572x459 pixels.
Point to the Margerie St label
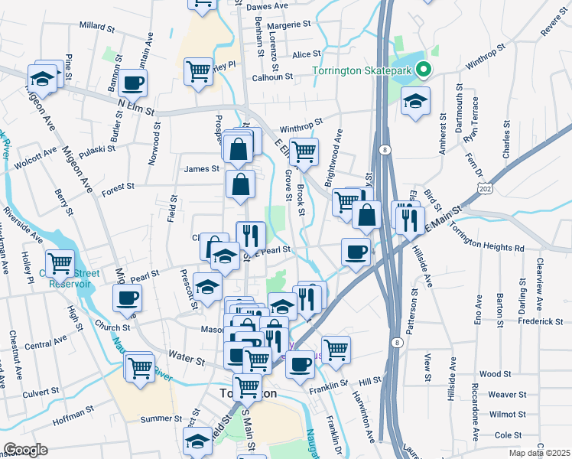point(288,24)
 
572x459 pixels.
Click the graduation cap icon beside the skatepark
point(415,101)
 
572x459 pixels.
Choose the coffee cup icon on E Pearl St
point(355,252)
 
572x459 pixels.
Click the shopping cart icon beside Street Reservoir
point(60,262)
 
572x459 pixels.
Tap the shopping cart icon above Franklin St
point(336,350)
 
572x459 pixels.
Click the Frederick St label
point(540,322)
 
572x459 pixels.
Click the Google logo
point(26,449)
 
